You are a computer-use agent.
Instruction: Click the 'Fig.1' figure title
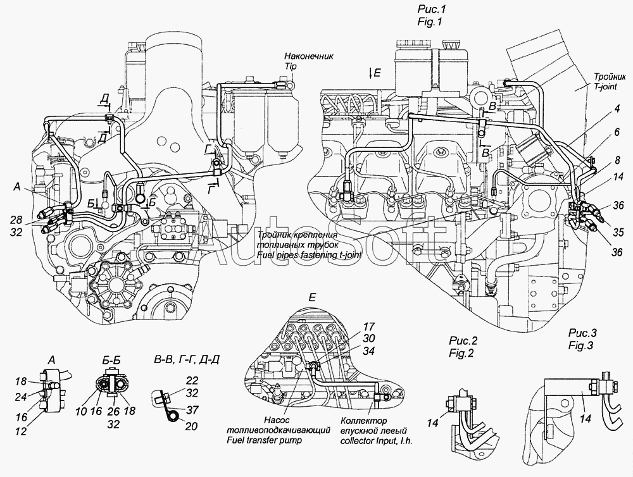click(430, 22)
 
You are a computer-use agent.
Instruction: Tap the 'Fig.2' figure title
click(461, 354)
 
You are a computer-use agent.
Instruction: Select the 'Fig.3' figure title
click(580, 346)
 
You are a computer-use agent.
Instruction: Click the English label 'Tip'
click(290, 66)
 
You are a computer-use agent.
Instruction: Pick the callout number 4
click(617, 109)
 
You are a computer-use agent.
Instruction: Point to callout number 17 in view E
click(368, 327)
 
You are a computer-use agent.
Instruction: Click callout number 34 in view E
click(368, 351)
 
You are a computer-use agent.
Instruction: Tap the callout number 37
click(192, 409)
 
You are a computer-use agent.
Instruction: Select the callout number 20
click(192, 426)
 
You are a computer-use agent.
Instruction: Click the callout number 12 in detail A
click(21, 431)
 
